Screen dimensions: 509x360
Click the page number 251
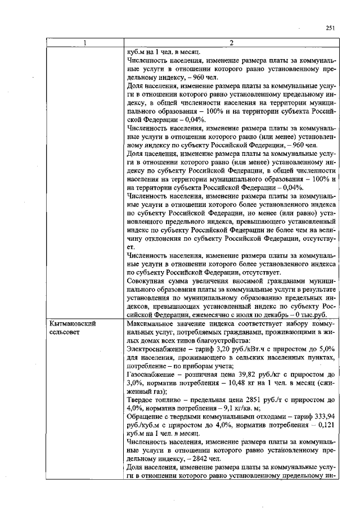(x=330, y=29)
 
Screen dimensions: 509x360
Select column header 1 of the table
(x=84, y=43)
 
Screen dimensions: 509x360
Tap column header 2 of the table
(x=231, y=43)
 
